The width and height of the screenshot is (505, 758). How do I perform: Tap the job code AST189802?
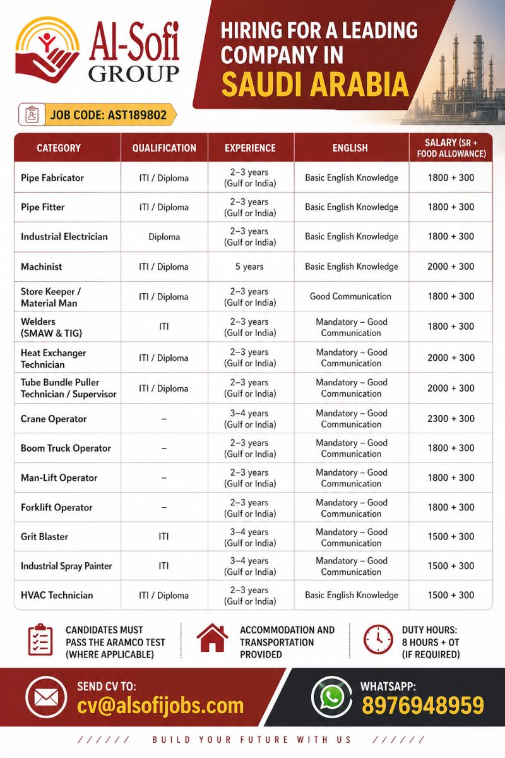tap(108, 114)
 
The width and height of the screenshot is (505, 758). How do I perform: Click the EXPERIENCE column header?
tap(250, 148)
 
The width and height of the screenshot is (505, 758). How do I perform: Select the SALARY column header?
tap(451, 148)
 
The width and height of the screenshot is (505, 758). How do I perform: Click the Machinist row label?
tap(42, 267)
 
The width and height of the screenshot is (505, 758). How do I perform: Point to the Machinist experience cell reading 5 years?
tap(250, 267)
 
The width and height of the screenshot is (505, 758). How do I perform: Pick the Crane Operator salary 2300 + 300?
tap(451, 418)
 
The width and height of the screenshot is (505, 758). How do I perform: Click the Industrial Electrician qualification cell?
tap(164, 237)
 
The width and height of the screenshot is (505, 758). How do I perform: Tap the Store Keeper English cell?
tap(350, 296)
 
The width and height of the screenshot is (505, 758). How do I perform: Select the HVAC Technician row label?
tap(57, 595)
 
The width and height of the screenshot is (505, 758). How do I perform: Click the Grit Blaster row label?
tap(44, 536)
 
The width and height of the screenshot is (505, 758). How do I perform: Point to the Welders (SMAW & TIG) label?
tap(51, 327)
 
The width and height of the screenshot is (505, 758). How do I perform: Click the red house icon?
tap(212, 639)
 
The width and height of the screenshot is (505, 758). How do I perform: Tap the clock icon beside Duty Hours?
tap(378, 639)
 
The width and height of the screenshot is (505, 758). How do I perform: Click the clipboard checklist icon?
tap(40, 639)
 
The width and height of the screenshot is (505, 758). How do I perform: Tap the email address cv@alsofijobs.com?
tap(160, 706)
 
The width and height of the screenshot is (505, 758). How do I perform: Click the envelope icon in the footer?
tap(46, 697)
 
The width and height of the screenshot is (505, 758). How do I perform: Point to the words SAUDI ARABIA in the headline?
tap(315, 83)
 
